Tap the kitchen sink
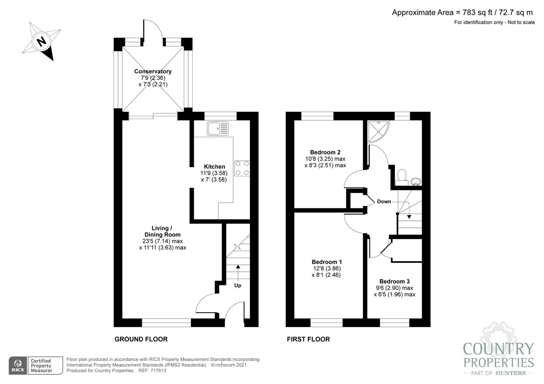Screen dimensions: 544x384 (218, 128)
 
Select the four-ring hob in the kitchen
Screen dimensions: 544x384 (242, 168)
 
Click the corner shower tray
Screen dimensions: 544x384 (378, 132)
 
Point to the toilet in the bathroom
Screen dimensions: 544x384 (401, 178)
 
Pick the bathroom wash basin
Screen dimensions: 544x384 (416, 182)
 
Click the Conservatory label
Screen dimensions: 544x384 (153, 71)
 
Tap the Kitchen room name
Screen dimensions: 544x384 (214, 167)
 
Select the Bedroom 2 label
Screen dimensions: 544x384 (325, 152)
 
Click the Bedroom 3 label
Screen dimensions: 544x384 (395, 281)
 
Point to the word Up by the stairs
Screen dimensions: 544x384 (237, 285)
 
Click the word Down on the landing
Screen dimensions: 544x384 (384, 202)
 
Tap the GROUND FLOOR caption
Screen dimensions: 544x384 (141, 339)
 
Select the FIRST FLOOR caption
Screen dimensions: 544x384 (308, 339)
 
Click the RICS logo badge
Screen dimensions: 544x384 (18, 365)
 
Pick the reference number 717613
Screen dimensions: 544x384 (158, 371)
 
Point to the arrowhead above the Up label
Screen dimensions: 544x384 (238, 266)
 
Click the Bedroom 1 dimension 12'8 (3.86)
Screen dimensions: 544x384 (327, 268)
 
